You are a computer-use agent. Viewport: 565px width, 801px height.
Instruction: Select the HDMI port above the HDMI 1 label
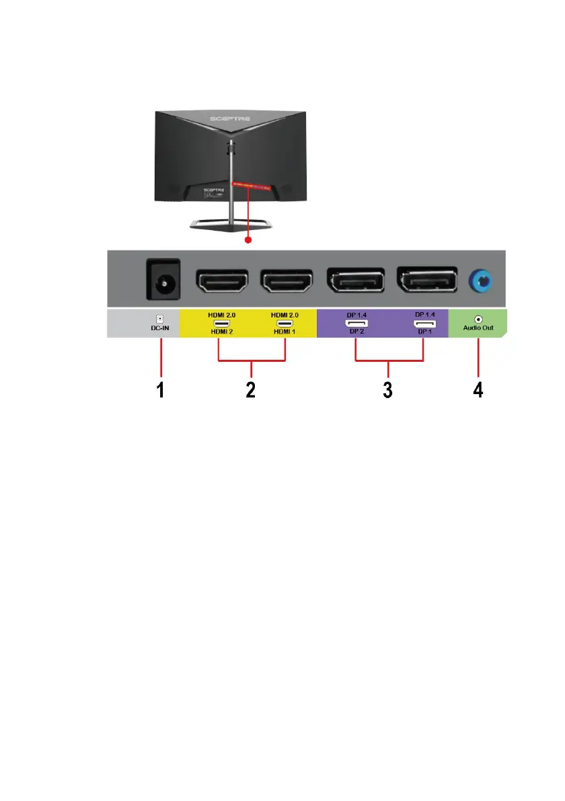[285, 282]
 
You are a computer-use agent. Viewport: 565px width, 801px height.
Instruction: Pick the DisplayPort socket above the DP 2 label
[355, 282]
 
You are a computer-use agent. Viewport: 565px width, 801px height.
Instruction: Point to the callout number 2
[250, 391]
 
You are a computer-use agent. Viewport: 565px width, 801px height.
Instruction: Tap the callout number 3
[388, 391]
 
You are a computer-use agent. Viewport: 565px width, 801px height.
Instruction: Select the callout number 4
[478, 391]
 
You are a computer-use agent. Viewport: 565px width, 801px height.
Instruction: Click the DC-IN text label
[159, 329]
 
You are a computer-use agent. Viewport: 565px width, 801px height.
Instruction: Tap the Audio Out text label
[478, 329]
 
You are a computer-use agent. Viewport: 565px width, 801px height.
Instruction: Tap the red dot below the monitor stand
[248, 239]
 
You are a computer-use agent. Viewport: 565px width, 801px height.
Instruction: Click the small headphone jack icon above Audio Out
[478, 318]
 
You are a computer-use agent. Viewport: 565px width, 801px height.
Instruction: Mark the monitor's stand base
[230, 224]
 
